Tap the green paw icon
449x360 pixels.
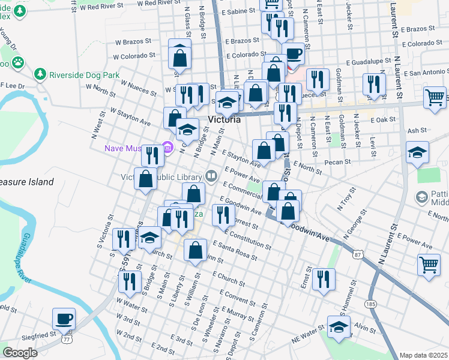19,61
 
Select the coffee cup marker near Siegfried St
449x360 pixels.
63,319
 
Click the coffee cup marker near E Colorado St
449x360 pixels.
293,54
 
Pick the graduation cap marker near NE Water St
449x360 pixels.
339,327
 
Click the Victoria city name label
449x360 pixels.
224,119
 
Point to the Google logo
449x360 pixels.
20,352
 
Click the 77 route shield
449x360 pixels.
66,340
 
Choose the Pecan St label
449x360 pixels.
339,162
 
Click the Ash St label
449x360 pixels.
416,130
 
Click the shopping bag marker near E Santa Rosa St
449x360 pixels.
195,251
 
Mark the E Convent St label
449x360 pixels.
237,298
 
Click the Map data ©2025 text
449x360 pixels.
423,355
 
